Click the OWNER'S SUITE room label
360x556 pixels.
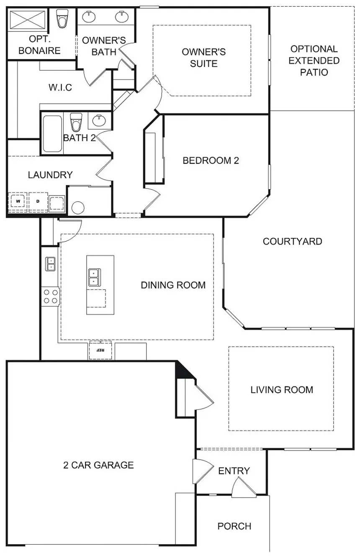click(204, 58)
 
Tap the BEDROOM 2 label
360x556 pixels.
click(211, 161)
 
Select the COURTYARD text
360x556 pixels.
click(292, 242)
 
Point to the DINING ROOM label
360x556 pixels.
click(173, 286)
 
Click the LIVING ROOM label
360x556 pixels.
click(282, 390)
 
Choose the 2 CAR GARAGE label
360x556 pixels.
click(98, 465)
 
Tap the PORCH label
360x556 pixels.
click(234, 526)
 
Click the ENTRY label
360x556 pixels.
click(234, 471)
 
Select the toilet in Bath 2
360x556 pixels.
click(76, 122)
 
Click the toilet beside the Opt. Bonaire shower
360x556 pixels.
click(62, 18)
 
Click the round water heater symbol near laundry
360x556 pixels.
click(78, 208)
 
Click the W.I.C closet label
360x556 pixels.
click(60, 88)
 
